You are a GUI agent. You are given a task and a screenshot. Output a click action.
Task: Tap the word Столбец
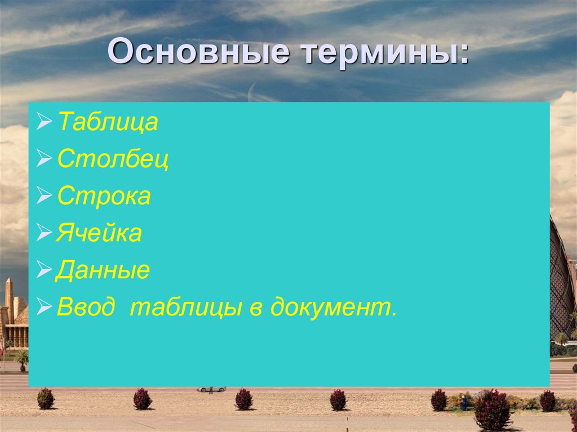113,159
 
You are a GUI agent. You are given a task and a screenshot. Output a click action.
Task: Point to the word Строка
104,197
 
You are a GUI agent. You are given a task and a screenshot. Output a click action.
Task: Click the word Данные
103,271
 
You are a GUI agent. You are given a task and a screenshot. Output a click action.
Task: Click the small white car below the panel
211,389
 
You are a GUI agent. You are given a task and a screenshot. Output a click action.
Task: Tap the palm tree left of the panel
22,358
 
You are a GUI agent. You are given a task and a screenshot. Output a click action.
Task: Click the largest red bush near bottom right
492,409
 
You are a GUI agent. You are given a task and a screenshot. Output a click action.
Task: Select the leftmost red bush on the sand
46,398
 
